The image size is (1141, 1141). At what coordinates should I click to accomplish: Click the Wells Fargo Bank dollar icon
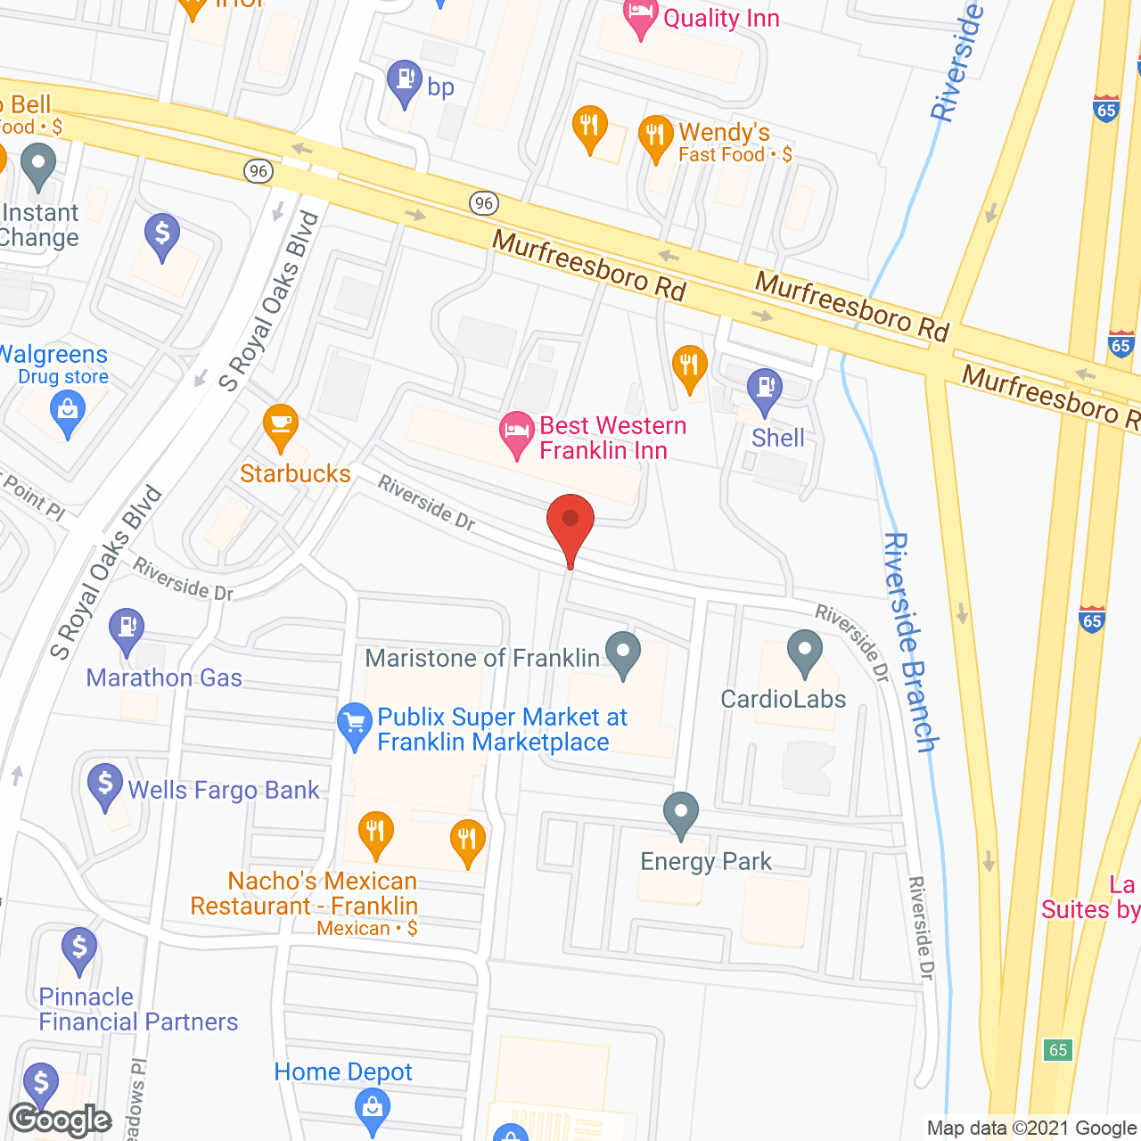coord(105,785)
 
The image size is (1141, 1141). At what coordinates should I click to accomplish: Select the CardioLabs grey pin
coord(805,652)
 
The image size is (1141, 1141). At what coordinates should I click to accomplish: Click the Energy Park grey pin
coord(681,814)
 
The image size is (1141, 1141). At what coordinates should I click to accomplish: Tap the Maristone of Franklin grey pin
coord(623,653)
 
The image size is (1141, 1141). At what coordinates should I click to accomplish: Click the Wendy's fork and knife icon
coord(656,136)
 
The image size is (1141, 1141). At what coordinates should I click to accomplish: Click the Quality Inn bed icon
coord(640,16)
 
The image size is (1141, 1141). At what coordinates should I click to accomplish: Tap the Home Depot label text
coord(343,1071)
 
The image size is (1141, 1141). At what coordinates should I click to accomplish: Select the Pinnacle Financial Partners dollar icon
coord(79,949)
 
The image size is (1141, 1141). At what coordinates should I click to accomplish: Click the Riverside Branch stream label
coord(910,642)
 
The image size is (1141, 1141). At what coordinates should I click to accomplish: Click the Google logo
coord(61,1120)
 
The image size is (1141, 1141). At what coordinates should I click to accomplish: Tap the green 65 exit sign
coord(1058,1049)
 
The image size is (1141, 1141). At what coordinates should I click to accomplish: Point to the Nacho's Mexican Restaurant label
coord(304,893)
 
